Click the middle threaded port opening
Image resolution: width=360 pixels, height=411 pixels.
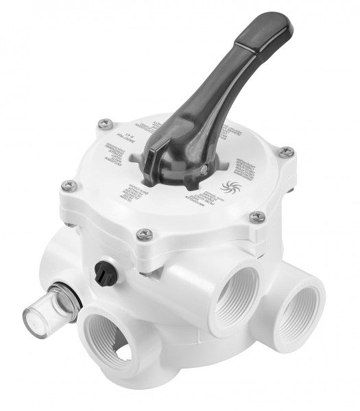pyautogui.click(x=238, y=295)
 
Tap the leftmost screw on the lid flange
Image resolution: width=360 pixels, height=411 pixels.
pyautogui.click(x=67, y=184)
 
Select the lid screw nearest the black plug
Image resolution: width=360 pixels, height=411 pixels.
pyautogui.click(x=142, y=234)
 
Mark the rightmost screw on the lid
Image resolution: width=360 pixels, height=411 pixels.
pyautogui.click(x=288, y=151)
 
